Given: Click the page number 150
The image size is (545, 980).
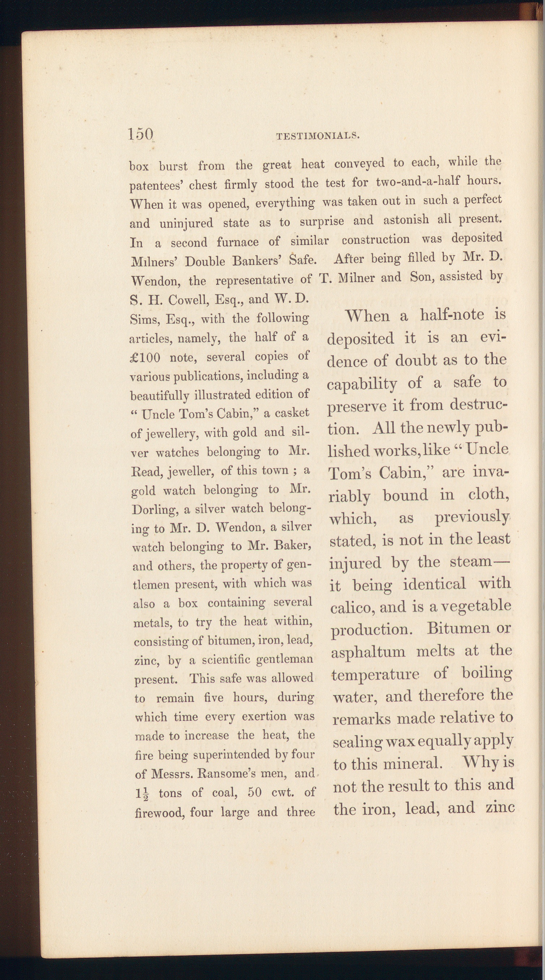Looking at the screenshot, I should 141,134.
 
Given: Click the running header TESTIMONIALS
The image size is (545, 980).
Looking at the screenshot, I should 318,136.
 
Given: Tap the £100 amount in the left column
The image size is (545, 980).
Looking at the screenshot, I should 145,358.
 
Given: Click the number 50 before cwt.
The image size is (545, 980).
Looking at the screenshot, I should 254,793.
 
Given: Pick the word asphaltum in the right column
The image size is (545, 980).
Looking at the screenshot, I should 368,652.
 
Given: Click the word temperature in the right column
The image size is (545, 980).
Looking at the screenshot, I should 375,675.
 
